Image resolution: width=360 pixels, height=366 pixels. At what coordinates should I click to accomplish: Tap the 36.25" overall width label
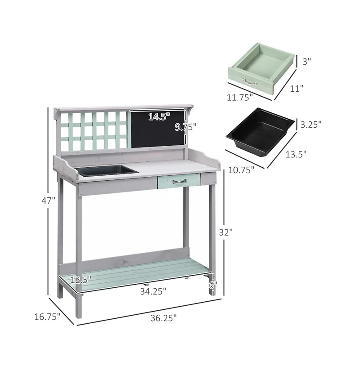click(163, 318)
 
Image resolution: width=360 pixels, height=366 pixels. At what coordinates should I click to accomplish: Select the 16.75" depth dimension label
click(47, 317)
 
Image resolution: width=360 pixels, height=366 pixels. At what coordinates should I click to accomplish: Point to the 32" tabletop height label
click(226, 232)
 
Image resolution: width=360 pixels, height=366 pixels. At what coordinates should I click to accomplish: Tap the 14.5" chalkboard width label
click(159, 117)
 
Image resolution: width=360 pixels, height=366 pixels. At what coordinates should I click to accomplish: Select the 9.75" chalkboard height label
click(185, 127)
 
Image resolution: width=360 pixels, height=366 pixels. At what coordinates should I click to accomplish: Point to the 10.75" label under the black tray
click(242, 169)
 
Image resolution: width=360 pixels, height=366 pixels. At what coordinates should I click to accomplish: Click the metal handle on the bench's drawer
click(179, 181)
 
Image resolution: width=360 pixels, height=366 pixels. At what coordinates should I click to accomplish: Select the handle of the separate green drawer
click(250, 82)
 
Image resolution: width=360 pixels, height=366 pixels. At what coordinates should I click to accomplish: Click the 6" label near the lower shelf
click(213, 285)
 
